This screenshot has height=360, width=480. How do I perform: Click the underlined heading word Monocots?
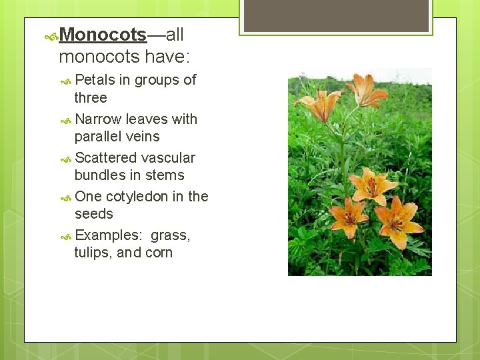coord(103,35)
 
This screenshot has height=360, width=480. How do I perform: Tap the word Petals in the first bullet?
coord(95,80)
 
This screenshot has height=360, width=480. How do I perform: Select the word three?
coord(91,98)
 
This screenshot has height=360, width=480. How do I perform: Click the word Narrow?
coord(99,119)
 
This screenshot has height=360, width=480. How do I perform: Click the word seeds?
coord(93,214)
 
